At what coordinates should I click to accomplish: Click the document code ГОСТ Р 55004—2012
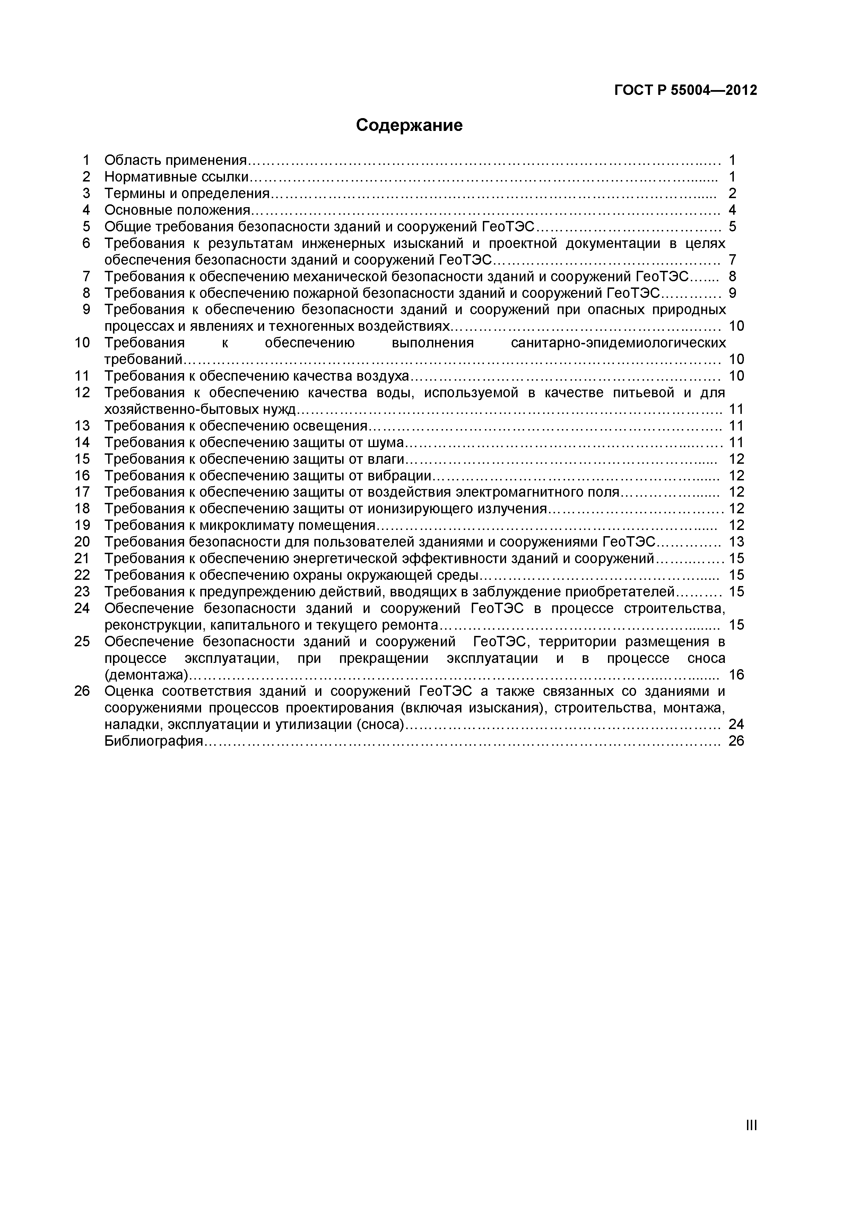point(685,90)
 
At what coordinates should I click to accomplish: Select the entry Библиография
point(154,741)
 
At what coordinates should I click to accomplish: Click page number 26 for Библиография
point(736,741)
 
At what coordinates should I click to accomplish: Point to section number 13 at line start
point(82,426)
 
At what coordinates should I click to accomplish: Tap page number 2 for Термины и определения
point(732,194)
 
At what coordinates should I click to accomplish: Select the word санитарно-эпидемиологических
point(618,343)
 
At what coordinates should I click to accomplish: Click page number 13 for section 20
point(736,542)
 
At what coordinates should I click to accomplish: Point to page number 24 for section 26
point(736,725)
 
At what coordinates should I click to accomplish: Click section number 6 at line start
point(86,243)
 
